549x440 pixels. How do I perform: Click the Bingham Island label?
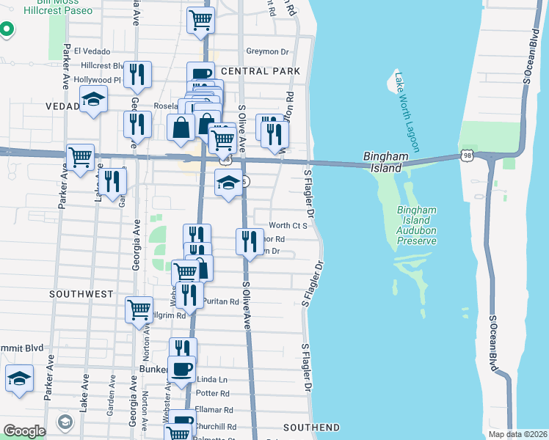[x=383, y=162]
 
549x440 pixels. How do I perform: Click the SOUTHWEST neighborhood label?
[x=81, y=294]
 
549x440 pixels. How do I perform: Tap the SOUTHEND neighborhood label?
[x=312, y=428]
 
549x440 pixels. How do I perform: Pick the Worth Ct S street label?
[x=287, y=225]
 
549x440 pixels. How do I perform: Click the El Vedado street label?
[x=92, y=51]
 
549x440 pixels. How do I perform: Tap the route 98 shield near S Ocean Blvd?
[x=467, y=155]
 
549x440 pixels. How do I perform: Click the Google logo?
[x=24, y=431]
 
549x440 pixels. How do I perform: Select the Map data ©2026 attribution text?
[x=517, y=434]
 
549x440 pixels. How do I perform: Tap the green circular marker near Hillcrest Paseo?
[x=7, y=29]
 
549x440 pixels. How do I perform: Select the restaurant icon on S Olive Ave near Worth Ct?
[x=250, y=240]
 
